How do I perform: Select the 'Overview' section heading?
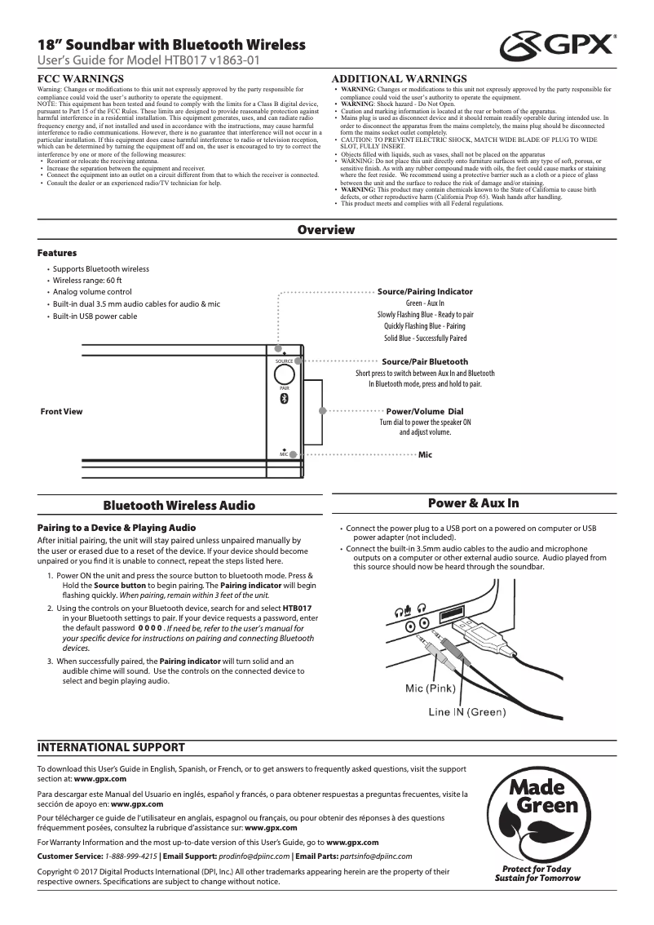point(326,230)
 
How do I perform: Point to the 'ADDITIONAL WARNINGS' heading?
point(400,78)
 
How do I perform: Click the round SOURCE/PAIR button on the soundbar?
point(284,374)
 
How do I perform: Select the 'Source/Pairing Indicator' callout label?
point(425,291)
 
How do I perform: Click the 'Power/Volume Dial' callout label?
point(424,411)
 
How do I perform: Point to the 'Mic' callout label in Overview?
point(424,453)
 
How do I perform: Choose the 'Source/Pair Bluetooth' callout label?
point(425,361)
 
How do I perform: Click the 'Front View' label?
point(61,411)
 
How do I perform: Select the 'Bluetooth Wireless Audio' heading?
point(179,506)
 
